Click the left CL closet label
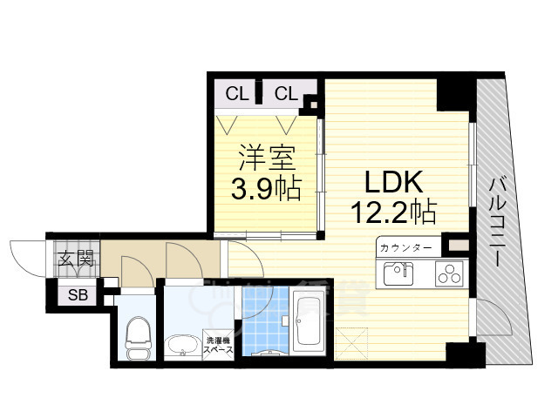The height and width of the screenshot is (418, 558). coord(236,94)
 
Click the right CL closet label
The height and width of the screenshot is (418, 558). coord(286,94)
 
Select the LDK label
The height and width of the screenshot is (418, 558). coord(394,182)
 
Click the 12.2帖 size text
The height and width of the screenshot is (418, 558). coord(394,212)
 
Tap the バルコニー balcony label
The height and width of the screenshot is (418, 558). coord(498,222)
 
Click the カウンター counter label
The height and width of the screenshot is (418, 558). coord(405,247)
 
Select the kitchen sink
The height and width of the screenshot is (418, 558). coord(398,273)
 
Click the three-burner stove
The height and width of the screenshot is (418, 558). coord(449,273)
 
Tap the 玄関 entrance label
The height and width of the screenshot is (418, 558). coord(76,258)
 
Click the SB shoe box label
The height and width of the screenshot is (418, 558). coord(78,294)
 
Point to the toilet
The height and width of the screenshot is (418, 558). coord(138,339)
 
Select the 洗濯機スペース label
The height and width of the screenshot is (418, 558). coord(218,345)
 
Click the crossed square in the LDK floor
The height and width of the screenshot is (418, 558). coord(350,343)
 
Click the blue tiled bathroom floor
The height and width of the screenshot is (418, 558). coord(265,320)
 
